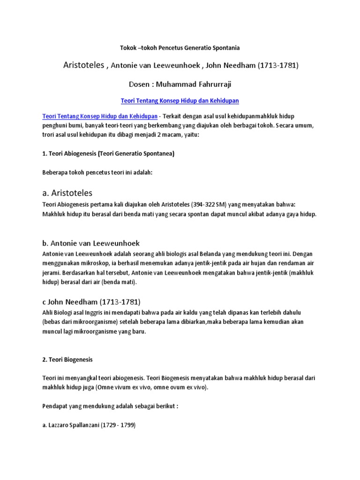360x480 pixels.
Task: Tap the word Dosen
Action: click(x=141, y=84)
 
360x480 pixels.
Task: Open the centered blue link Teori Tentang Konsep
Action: click(x=180, y=101)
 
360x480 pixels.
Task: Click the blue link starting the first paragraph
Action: click(x=99, y=116)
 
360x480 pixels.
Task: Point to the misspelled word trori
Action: click(x=49, y=135)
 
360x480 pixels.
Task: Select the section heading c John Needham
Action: click(x=89, y=301)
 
